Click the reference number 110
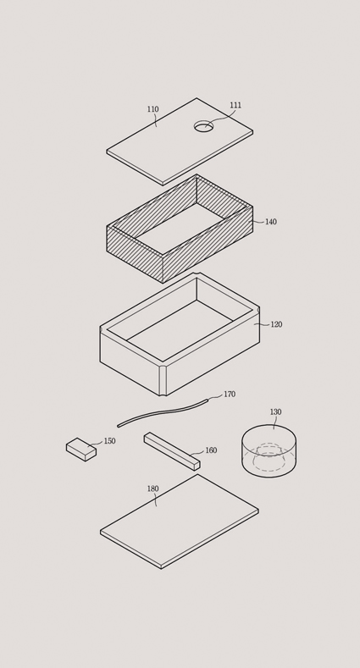(x=153, y=109)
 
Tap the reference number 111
(x=235, y=105)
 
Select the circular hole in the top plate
(x=203, y=126)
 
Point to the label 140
(x=271, y=222)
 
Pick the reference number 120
(x=276, y=324)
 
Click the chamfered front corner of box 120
(x=163, y=379)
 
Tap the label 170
(x=230, y=394)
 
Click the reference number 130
(x=275, y=412)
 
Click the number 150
(x=110, y=441)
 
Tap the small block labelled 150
(x=81, y=450)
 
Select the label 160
(x=211, y=450)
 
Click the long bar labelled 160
(x=172, y=451)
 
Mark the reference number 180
(x=153, y=489)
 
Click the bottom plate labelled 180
(x=180, y=522)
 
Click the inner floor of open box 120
(x=180, y=330)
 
